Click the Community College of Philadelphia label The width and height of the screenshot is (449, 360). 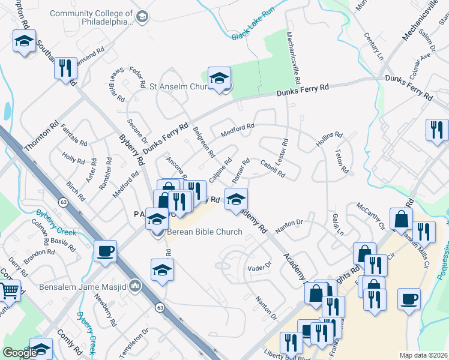click(91, 17)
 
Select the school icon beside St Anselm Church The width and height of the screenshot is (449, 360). click(220, 78)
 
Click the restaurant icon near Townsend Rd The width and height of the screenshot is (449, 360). click(66, 68)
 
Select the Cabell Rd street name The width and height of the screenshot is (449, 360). click(272, 168)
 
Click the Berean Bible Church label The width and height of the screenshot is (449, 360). click(204, 232)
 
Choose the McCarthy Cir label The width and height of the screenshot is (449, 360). click(370, 217)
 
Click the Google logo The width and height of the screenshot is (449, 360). click(20, 352)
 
